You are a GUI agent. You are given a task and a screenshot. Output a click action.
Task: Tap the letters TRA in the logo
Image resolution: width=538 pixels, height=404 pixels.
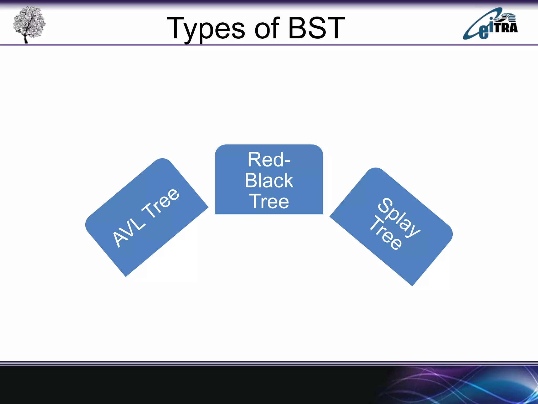coord(506,27)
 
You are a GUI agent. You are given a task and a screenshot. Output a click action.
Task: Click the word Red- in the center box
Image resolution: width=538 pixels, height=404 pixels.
coord(269,160)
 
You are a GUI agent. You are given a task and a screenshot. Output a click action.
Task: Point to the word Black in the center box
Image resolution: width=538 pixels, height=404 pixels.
coord(269,181)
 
